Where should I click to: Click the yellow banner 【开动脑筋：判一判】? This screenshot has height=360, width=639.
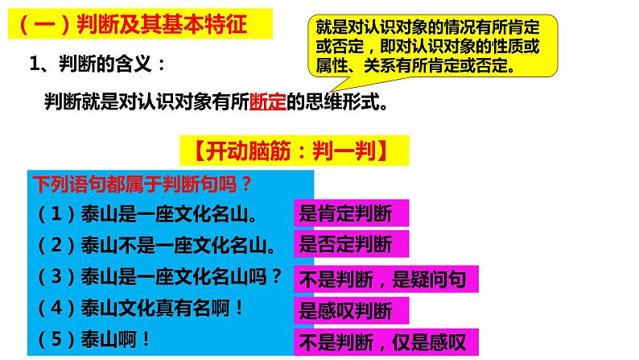point(294,151)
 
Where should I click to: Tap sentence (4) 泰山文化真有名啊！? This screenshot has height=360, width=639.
point(140,307)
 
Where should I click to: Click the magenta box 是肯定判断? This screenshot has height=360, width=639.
point(351,213)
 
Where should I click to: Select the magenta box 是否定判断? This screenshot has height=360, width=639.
point(351,243)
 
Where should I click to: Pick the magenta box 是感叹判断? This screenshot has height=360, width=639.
point(351,310)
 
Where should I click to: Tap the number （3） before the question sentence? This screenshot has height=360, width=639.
point(52,275)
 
